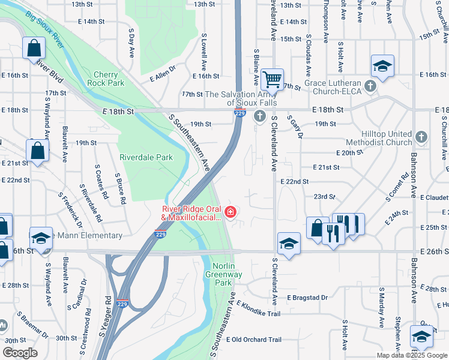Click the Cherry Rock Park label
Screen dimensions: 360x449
105,78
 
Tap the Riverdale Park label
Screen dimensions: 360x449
146,158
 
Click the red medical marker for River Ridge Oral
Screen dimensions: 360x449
230,212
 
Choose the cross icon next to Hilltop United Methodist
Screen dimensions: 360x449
421,137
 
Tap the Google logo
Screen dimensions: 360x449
20,353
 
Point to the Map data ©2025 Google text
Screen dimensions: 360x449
412,355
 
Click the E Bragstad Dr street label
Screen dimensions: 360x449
307,298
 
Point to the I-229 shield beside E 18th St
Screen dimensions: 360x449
238,113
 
